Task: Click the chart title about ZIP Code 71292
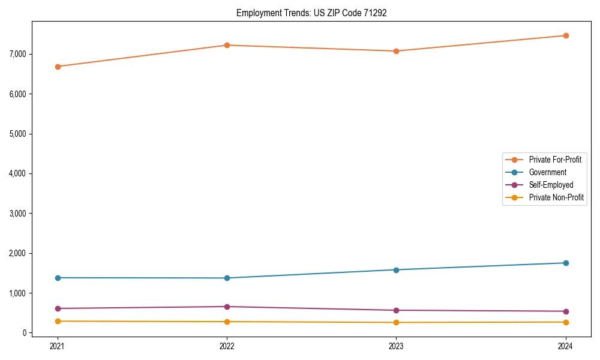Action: tap(311, 13)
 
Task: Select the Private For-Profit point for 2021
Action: tap(58, 67)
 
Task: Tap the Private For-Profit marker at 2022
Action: tap(227, 45)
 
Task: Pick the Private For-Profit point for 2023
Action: tap(397, 51)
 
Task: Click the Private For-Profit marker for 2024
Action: tap(566, 35)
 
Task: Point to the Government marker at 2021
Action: tap(58, 278)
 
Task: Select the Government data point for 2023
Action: tap(397, 269)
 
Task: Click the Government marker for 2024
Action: tap(566, 263)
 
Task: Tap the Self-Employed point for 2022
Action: tap(227, 307)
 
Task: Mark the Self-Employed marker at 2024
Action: tap(566, 311)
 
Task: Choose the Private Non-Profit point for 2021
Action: tap(58, 321)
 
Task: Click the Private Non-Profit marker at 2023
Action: tap(397, 323)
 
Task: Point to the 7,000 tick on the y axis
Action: tap(18, 54)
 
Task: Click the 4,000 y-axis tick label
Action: tap(18, 173)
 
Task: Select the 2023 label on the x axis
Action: tap(397, 346)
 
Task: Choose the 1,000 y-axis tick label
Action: tap(18, 293)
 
